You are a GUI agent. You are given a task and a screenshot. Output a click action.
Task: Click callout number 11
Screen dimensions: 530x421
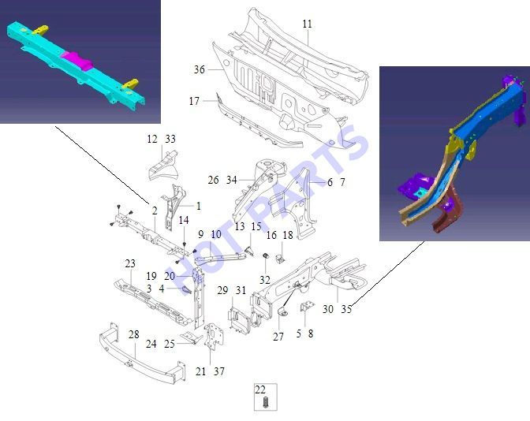click(307, 24)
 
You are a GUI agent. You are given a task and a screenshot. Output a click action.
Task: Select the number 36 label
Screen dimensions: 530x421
click(199, 69)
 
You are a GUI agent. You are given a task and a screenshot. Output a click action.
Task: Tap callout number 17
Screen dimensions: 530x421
click(194, 101)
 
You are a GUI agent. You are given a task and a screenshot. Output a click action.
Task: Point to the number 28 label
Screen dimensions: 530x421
click(134, 334)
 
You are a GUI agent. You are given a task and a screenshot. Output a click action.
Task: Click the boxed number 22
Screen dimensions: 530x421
click(260, 390)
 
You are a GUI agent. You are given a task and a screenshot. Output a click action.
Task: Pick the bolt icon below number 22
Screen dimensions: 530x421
click(265, 402)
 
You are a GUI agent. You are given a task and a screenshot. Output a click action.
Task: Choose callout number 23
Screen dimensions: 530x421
click(130, 263)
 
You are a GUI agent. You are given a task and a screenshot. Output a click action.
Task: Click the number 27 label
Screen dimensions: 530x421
click(278, 337)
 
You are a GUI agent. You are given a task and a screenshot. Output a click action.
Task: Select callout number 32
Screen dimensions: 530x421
click(265, 280)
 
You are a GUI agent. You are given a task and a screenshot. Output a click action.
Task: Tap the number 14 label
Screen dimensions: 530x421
click(184, 220)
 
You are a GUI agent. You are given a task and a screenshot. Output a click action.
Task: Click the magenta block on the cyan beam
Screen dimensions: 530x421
click(77, 61)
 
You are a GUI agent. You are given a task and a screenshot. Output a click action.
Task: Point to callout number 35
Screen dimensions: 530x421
click(346, 309)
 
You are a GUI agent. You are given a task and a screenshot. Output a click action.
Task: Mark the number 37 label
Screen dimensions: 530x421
click(219, 371)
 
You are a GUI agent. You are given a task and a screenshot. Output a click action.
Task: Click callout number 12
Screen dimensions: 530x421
click(152, 139)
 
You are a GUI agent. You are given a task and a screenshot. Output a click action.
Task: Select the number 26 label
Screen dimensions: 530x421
click(213, 180)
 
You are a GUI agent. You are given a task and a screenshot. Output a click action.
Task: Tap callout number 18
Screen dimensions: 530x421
click(288, 235)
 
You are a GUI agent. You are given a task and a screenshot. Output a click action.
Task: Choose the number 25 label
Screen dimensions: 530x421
click(170, 344)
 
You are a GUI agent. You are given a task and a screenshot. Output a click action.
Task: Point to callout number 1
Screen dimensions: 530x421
click(199, 206)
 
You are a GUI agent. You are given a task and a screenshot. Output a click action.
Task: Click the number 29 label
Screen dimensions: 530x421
click(222, 290)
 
